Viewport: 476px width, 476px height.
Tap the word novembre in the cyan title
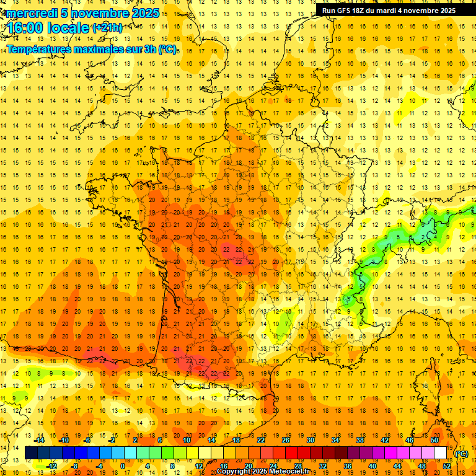pos(96,13)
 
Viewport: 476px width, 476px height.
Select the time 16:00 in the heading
pos(27,29)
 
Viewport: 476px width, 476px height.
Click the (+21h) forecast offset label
pos(107,27)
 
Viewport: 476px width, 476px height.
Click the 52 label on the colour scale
pos(447,466)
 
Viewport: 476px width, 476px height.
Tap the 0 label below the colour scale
pos(123,466)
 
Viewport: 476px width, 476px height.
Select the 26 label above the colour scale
pos(286,440)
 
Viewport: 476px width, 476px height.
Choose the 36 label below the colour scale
pos(348,466)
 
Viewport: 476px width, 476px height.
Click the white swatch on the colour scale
pos(441,453)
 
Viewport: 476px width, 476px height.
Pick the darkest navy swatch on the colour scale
pos(31,453)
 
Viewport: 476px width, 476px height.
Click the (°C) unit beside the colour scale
pos(462,453)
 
